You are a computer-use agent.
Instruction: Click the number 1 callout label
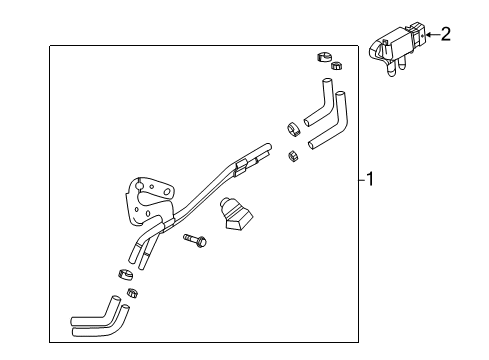coord(370,180)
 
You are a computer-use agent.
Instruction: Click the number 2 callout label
coord(445,35)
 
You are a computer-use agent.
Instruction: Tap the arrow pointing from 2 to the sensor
coord(431,35)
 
